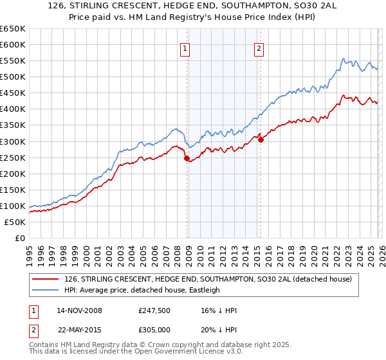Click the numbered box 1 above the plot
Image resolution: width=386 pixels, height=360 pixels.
tap(185, 48)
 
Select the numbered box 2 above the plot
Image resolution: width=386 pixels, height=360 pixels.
tap(259, 48)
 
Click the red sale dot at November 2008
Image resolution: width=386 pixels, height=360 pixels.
tap(187, 158)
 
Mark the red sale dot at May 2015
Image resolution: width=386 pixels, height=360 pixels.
tap(261, 139)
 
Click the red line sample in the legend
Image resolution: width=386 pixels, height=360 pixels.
tap(45, 280)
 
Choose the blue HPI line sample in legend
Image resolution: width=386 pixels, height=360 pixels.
tap(45, 290)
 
